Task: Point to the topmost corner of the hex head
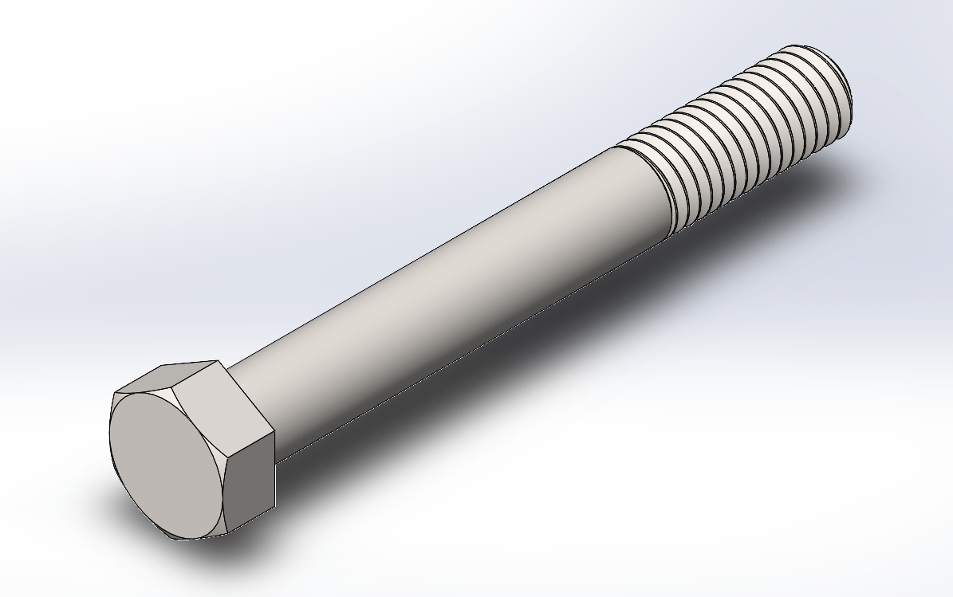pos(218,360)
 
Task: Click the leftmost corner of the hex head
pos(113,394)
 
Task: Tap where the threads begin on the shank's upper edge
pos(618,147)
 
